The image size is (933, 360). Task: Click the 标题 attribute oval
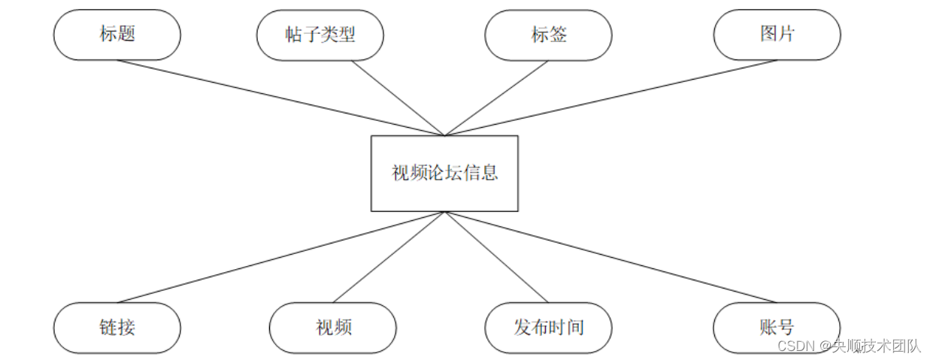(117, 35)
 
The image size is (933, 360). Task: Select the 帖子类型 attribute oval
(320, 35)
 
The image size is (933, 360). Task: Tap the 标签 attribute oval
(549, 35)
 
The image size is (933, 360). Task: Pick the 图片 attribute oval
(777, 35)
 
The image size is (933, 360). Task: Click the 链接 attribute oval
(117, 328)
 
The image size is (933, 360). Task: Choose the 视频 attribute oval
(333, 328)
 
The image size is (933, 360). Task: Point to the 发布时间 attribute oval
(549, 328)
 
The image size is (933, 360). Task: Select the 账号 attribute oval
(777, 328)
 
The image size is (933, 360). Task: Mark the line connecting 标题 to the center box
(281, 98)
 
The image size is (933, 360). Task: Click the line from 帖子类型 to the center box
(398, 98)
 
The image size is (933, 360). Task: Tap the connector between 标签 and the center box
(497, 98)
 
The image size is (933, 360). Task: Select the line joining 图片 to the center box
(610, 98)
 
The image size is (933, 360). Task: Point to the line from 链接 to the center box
(281, 256)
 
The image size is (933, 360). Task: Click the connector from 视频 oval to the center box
(389, 256)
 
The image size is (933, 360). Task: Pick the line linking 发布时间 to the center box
(497, 256)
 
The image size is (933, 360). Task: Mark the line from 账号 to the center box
(610, 256)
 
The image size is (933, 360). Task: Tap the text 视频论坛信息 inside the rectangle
(444, 173)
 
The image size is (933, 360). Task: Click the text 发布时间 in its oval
(549, 328)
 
